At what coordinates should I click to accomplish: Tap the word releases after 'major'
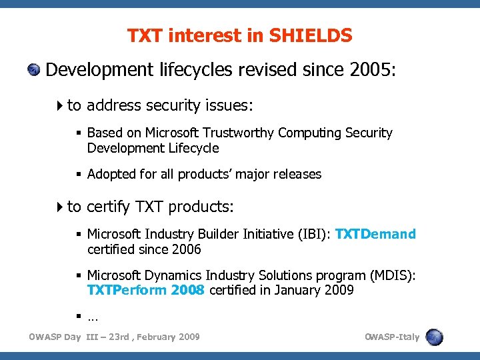[x=298, y=174]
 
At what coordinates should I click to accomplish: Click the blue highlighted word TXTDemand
[x=375, y=234]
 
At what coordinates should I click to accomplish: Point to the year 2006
[x=187, y=249]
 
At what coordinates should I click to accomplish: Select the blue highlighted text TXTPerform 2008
[x=146, y=291]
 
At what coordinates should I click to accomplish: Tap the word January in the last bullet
[x=297, y=291]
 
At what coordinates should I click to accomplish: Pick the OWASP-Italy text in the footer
[x=392, y=337]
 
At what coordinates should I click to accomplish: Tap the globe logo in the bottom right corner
[x=435, y=337]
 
